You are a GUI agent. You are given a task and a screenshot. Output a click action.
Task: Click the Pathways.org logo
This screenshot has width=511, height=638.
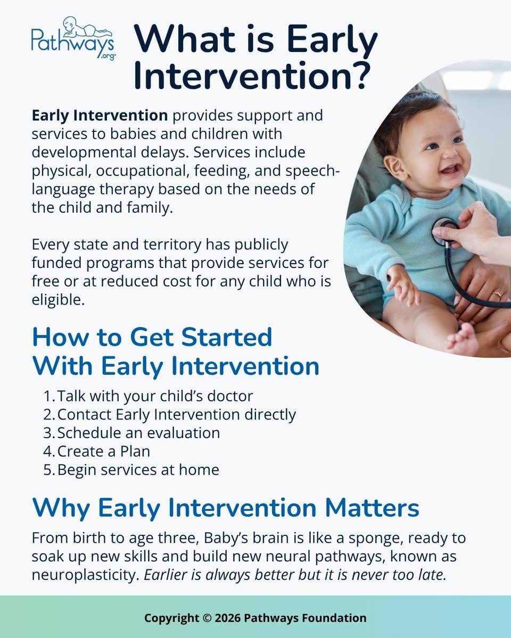coord(73,38)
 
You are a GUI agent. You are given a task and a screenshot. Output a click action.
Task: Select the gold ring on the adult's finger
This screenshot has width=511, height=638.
coord(497,294)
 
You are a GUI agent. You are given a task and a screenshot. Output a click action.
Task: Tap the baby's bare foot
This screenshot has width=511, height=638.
coord(463,340)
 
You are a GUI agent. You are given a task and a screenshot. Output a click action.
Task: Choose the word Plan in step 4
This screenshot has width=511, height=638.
coord(135,451)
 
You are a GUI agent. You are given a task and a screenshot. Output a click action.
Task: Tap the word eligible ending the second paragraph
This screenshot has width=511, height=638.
coord(58,300)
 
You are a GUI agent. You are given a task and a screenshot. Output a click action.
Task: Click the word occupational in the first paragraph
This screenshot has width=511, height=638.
coord(143,171)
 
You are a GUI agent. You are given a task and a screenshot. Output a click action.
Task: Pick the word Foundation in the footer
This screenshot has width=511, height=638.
coord(334,618)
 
